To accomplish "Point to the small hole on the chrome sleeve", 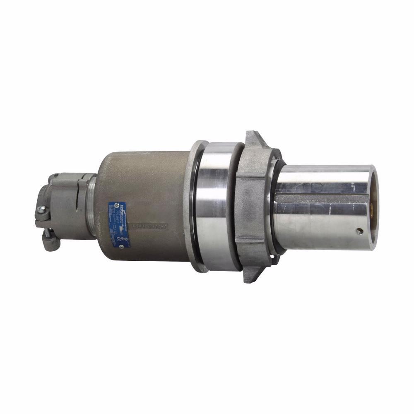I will click(359, 231).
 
